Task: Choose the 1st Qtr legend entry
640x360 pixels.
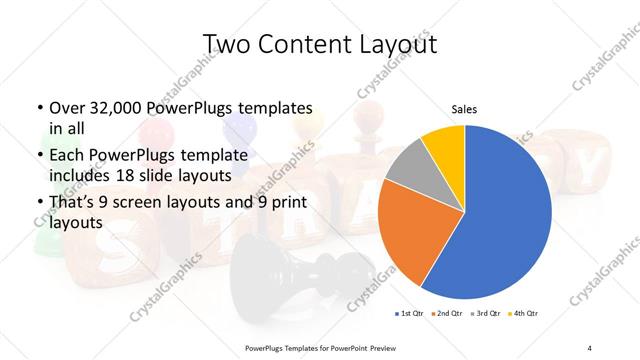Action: tap(409, 315)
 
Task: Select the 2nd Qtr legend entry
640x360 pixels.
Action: tap(447, 315)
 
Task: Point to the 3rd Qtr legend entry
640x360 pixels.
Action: tap(486, 315)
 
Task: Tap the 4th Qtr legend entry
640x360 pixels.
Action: tap(524, 315)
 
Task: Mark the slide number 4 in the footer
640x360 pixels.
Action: tap(590, 347)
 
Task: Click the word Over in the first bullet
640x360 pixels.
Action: tap(68, 108)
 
